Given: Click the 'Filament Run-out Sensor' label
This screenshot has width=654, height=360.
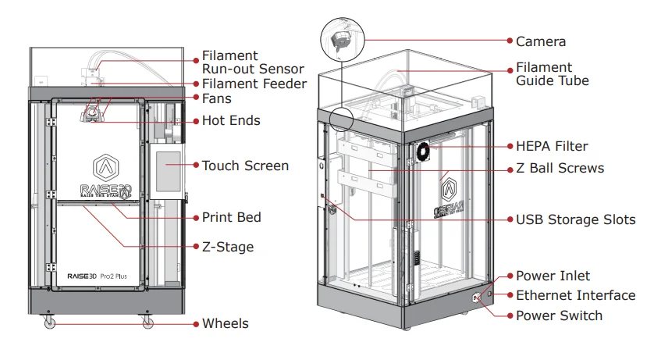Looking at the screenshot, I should click(x=253, y=62).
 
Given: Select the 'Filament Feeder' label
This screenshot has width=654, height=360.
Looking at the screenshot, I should click(x=254, y=84).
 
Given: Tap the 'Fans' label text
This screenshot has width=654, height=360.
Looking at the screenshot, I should click(x=216, y=99).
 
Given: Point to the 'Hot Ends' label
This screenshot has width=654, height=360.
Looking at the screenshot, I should click(x=231, y=121).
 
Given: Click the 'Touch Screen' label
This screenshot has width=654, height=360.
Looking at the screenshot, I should click(x=245, y=166).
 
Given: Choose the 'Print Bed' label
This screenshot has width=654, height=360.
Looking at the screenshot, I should click(x=231, y=217).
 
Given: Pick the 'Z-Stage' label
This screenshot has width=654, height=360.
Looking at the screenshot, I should click(x=228, y=247).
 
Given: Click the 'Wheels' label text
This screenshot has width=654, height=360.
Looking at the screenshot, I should click(x=226, y=323).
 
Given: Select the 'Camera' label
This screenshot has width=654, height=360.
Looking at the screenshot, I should click(x=541, y=41).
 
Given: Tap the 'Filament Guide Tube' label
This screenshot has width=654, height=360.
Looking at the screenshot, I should click(x=553, y=74).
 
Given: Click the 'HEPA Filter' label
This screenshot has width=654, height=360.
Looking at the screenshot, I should click(x=552, y=146).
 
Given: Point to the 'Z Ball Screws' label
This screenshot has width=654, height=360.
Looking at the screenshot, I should click(x=560, y=168).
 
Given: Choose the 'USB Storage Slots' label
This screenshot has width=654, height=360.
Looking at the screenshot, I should click(x=575, y=219).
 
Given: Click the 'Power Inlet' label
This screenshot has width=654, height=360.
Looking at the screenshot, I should click(x=553, y=276).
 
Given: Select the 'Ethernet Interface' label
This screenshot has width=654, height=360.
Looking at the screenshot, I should click(x=575, y=295).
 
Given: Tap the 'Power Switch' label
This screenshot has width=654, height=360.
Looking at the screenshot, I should click(x=559, y=315).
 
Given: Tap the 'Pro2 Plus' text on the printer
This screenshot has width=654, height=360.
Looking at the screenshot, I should click(x=116, y=276).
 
